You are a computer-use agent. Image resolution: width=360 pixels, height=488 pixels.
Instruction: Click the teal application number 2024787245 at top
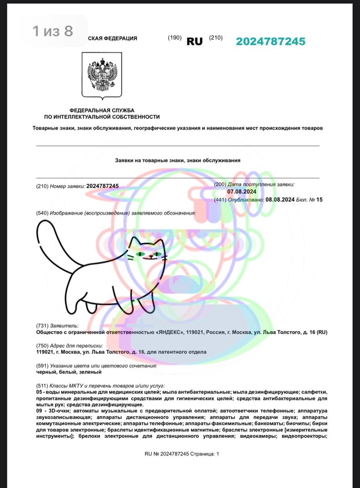tap(270, 42)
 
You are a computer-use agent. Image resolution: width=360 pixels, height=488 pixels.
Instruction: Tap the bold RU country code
tap(194, 42)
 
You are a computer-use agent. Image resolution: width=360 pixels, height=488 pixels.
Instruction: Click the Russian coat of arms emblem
tap(102, 75)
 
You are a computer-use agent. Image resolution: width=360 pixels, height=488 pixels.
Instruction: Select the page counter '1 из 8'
tap(53, 31)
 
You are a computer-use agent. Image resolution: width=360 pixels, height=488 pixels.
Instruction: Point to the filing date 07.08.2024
tap(242, 192)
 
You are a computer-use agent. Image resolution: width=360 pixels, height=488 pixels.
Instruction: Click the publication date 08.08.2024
tap(280, 199)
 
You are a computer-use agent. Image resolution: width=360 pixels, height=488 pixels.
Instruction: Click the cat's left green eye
tap(141, 254)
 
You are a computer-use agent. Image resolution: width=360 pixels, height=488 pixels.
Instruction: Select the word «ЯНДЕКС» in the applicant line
tap(169, 332)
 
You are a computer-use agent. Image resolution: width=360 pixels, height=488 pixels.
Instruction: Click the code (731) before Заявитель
tap(42, 326)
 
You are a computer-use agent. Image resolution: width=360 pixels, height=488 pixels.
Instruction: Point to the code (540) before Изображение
tap(42, 213)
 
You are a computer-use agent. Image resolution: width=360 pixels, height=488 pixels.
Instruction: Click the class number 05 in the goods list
tap(39, 392)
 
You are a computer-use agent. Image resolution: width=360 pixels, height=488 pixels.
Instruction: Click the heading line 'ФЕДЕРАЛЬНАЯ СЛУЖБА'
tap(102, 110)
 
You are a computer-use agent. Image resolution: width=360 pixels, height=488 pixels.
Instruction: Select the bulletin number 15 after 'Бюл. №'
tap(319, 199)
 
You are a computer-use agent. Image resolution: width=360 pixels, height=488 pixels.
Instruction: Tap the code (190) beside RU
tap(175, 38)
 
